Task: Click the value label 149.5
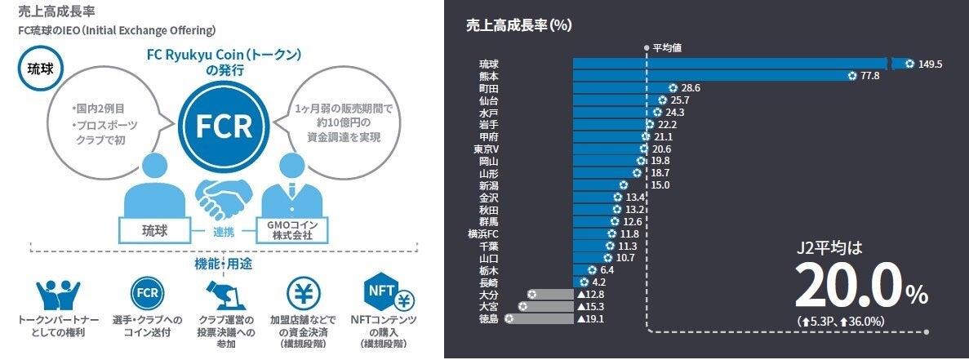tap(930, 64)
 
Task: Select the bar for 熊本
tap(711, 76)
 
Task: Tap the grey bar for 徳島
tap(539, 319)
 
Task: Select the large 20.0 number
tap(849, 287)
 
